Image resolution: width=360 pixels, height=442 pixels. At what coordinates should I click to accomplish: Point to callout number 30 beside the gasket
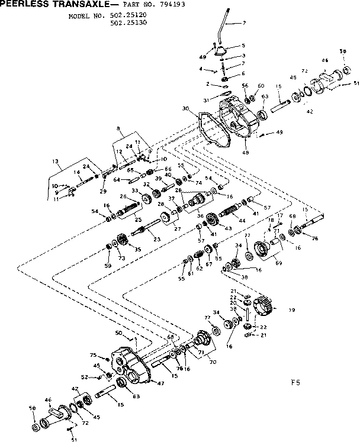point(185,108)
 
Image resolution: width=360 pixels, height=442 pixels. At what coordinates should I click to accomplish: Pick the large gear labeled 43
point(211,224)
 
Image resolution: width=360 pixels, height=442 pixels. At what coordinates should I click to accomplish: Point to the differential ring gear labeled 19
point(262,306)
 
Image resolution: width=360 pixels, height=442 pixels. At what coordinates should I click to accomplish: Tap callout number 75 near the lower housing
point(93,355)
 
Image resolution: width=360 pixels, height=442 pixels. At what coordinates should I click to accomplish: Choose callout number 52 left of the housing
point(85,376)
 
